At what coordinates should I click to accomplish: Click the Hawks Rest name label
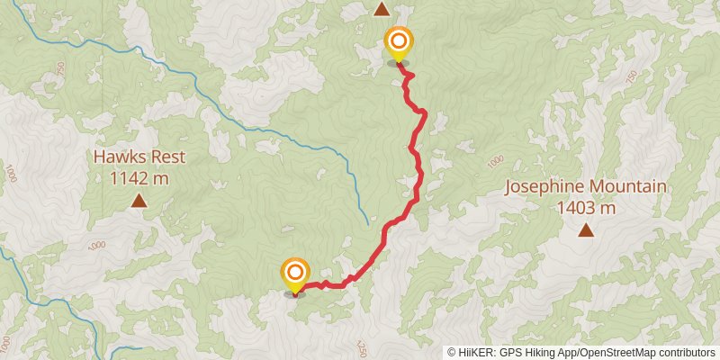pyautogui.click(x=139, y=157)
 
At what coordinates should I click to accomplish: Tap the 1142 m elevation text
pyautogui.click(x=139, y=177)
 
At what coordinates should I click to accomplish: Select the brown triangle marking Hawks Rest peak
pyautogui.click(x=139, y=201)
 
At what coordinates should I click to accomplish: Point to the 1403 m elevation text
pyautogui.click(x=586, y=209)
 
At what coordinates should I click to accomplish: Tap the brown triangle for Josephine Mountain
pyautogui.click(x=586, y=230)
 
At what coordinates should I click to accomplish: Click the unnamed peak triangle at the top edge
pyautogui.click(x=382, y=9)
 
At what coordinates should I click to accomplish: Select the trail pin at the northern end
pyautogui.click(x=398, y=42)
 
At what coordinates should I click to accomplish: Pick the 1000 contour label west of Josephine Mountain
pyautogui.click(x=495, y=162)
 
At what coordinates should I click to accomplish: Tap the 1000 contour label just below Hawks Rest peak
pyautogui.click(x=96, y=245)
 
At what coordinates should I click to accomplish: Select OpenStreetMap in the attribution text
pyautogui.click(x=619, y=352)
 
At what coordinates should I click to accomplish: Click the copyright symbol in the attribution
pyautogui.click(x=453, y=352)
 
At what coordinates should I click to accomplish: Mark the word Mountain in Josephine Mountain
pyautogui.click(x=630, y=187)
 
